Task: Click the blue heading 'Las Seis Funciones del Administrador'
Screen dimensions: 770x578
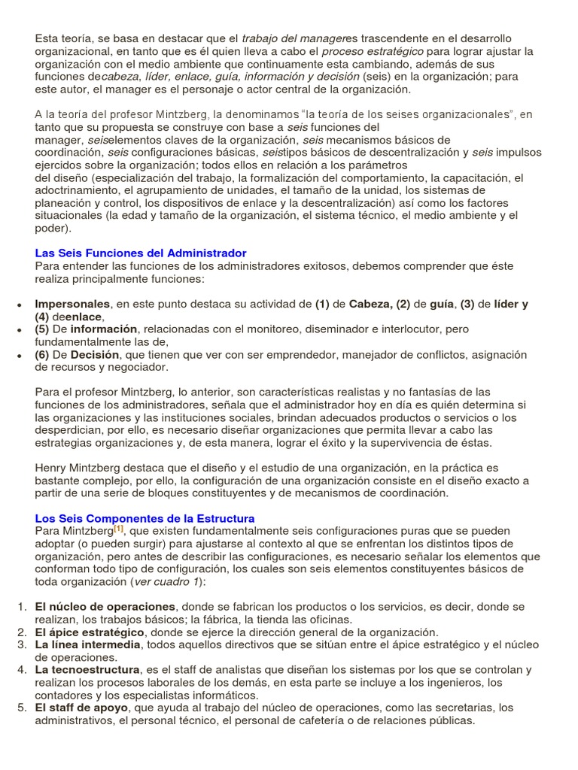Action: pos(141,253)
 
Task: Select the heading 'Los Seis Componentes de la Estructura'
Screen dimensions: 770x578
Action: pos(144,519)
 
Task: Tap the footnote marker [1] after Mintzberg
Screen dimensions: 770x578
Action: pos(119,529)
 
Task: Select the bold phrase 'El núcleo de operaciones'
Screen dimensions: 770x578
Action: pos(105,607)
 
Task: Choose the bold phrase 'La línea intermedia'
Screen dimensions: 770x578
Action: pos(87,644)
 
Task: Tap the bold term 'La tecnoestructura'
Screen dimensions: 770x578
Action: pos(87,669)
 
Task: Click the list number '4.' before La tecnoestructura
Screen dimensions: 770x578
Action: pos(22,669)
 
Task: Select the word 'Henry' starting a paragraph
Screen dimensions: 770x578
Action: pos(51,468)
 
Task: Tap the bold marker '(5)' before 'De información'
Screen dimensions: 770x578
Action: pos(42,329)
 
